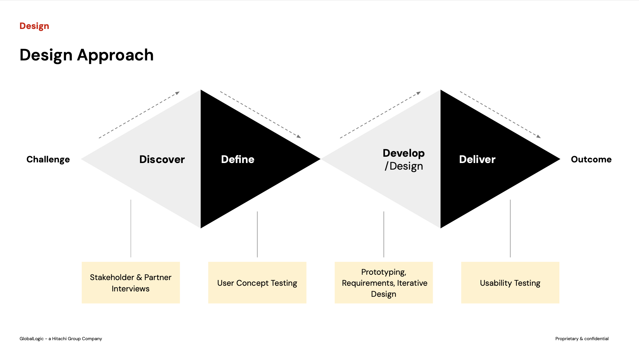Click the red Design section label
[34, 26]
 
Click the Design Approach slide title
[86, 55]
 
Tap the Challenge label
[48, 160]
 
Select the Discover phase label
[162, 160]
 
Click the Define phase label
[238, 160]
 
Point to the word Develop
[403, 153]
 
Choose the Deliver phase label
[477, 160]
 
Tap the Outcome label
[591, 160]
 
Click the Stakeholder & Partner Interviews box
[131, 283]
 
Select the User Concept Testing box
[257, 283]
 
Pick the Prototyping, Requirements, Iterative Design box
[384, 283]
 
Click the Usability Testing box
[510, 283]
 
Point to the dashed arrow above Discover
[139, 115]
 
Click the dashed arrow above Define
[260, 115]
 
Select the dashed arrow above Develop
[380, 115]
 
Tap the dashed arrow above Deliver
[500, 115]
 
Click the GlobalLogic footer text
[61, 339]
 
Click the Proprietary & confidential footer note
[582, 339]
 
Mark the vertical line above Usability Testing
[510, 228]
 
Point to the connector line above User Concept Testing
[257, 234]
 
